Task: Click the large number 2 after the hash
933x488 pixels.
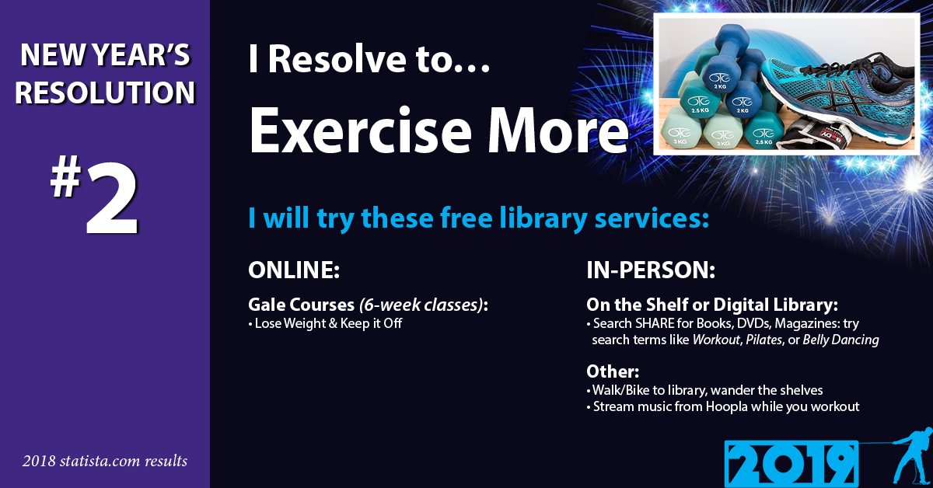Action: (112, 199)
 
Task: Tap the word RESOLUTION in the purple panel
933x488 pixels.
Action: (105, 92)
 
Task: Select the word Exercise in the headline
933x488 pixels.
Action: (360, 130)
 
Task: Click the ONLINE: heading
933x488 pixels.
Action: (294, 270)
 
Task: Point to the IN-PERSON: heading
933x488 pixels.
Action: (651, 270)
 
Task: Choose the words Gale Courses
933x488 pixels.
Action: (301, 305)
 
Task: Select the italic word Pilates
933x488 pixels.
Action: (764, 340)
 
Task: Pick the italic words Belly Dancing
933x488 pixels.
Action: (840, 340)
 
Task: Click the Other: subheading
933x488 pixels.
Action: (613, 371)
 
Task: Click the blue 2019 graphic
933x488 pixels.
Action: (791, 464)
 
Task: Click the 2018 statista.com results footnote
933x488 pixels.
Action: (105, 461)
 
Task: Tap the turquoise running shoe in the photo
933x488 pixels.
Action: (837, 96)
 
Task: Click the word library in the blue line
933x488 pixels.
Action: (543, 218)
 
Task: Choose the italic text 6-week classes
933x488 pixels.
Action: (421, 305)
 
